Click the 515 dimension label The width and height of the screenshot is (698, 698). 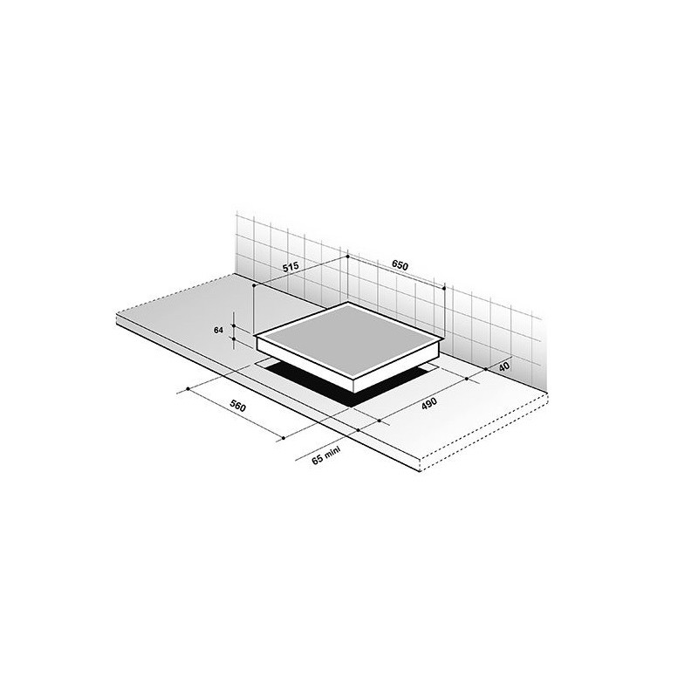(291, 267)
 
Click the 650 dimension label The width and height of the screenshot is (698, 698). (400, 265)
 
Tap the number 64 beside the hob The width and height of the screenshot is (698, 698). (218, 331)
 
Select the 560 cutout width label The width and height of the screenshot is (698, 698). (237, 407)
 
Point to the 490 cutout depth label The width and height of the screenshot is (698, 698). (429, 403)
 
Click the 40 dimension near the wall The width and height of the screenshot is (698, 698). (504, 366)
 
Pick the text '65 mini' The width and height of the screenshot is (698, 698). (325, 455)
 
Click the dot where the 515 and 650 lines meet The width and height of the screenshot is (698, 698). (347, 257)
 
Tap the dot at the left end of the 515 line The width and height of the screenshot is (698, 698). (254, 285)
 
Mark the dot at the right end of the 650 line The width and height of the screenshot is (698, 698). (444, 288)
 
